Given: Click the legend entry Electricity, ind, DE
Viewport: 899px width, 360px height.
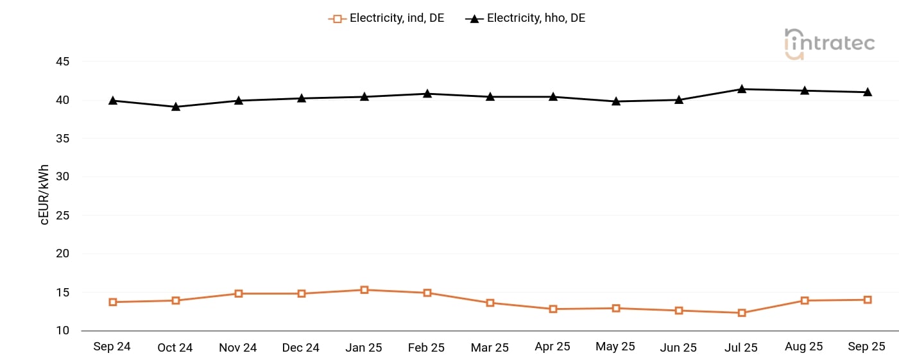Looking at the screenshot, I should (386, 19).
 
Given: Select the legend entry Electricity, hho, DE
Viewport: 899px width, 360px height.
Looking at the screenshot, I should (526, 19).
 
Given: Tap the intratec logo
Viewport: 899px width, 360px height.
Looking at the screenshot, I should (829, 44).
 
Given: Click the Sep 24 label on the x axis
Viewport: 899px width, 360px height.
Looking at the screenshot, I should (112, 347).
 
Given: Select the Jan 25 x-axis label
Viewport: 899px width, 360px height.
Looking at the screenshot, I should (364, 348).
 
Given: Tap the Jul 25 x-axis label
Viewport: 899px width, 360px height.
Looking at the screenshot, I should (741, 348).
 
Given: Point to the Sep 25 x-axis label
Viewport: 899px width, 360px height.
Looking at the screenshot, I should (866, 347).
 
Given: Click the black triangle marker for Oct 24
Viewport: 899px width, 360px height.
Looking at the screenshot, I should (176, 107).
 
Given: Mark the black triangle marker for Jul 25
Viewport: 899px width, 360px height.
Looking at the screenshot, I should (742, 89).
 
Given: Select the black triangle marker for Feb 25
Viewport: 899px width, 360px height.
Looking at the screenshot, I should (427, 94).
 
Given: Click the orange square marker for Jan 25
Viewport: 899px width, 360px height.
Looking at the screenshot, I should (364, 290).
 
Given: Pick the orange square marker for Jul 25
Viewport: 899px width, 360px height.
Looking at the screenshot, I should (742, 313).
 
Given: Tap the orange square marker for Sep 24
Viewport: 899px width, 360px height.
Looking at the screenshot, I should (113, 302).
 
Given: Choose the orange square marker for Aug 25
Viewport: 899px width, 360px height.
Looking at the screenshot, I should (805, 300).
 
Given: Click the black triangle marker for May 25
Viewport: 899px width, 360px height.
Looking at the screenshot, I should (616, 101).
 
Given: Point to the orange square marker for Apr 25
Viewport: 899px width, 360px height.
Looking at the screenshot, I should (553, 309).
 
